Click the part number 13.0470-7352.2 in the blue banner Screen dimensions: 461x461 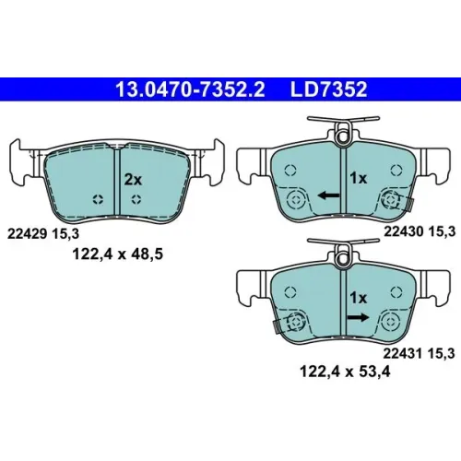190,89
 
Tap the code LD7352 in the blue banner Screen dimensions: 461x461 328,89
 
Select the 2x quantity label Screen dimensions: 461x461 133,180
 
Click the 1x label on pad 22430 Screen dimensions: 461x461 359,178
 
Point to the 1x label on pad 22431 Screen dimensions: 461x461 359,298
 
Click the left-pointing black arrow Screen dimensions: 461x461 329,195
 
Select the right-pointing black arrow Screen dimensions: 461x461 358,317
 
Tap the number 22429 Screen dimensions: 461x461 27,234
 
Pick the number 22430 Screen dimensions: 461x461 404,231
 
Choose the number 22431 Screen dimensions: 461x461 403,354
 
